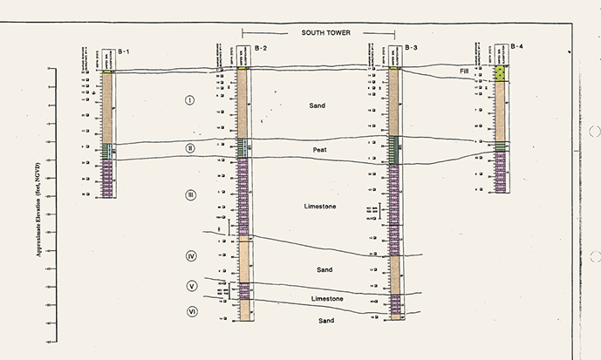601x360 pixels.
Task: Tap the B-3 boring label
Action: [x=412, y=47]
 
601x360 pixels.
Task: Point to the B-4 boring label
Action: [x=517, y=44]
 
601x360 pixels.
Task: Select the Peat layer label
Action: [x=321, y=151]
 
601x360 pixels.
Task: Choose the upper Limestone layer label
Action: [x=320, y=207]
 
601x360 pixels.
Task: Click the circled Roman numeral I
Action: [x=190, y=101]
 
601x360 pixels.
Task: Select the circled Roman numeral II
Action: [x=190, y=148]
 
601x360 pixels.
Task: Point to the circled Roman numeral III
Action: [x=190, y=195]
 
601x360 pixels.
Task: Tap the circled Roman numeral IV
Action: [x=191, y=255]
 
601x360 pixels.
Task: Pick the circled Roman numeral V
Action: [x=191, y=286]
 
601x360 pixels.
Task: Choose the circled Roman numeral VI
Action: [x=191, y=311]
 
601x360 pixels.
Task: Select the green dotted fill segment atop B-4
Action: [x=501, y=73]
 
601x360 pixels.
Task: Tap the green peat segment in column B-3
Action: [x=394, y=151]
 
